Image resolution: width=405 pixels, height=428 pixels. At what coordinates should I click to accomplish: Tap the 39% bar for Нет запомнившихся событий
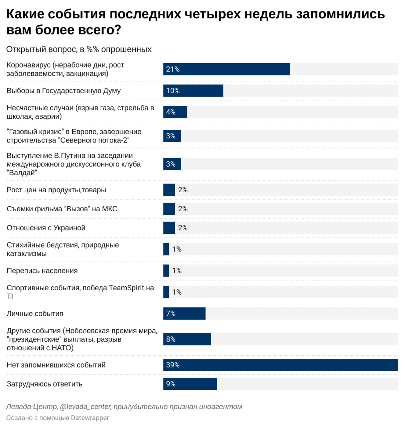(281, 365)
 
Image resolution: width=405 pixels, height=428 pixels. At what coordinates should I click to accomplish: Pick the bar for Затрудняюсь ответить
(190, 384)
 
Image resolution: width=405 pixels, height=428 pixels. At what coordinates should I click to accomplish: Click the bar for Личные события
(184, 314)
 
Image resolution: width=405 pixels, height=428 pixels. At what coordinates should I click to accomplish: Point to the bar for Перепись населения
(166, 271)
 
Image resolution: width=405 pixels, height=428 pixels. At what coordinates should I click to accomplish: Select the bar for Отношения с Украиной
(169, 228)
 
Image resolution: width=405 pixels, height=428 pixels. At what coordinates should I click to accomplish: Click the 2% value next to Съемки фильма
(183, 209)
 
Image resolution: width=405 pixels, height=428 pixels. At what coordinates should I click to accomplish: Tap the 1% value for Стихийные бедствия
(177, 249)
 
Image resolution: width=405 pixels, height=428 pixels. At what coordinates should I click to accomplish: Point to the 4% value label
(171, 112)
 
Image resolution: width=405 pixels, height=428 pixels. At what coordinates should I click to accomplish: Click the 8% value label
(171, 339)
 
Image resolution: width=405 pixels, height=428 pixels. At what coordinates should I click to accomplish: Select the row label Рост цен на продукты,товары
(56, 190)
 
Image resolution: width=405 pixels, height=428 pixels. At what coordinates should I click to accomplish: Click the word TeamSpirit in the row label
(127, 288)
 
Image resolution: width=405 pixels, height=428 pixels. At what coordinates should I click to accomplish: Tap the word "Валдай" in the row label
(22, 173)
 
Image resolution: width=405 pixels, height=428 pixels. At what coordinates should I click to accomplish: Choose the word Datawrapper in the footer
(90, 418)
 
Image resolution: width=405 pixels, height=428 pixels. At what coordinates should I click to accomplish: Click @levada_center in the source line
(85, 407)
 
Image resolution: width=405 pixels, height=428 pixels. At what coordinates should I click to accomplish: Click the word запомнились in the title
(341, 14)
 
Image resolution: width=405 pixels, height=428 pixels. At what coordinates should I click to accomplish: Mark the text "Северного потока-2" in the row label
(95, 140)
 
